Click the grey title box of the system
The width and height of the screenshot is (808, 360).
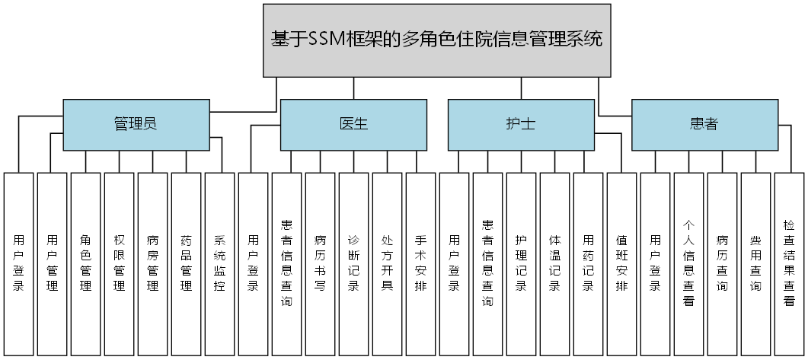click(x=437, y=40)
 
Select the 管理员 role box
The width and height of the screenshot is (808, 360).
click(x=136, y=124)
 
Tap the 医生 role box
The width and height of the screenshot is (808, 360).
click(x=353, y=124)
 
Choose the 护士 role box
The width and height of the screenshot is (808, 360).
click(x=521, y=124)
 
